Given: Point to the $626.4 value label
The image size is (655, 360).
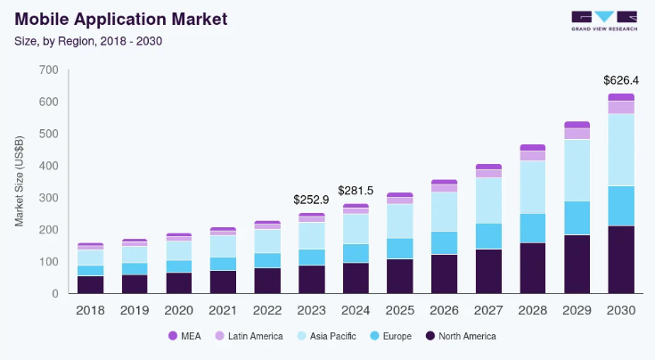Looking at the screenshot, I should click(621, 80).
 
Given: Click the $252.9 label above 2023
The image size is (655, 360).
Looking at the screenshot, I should click(312, 199).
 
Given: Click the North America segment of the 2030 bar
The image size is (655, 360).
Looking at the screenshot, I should click(621, 259).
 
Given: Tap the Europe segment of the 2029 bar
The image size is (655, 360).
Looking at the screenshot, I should click(577, 218).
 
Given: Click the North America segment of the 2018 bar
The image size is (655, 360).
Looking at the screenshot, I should click(90, 284).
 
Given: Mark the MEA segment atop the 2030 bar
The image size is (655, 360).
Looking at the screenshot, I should click(621, 97).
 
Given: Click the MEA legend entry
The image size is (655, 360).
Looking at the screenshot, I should click(184, 336).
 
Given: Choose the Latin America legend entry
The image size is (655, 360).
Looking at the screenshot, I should click(250, 336).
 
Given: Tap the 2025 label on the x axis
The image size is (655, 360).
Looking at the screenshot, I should click(399, 309).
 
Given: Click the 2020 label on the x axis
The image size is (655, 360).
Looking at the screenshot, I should click(178, 309).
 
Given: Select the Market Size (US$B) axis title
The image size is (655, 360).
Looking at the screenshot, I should click(20, 182).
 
